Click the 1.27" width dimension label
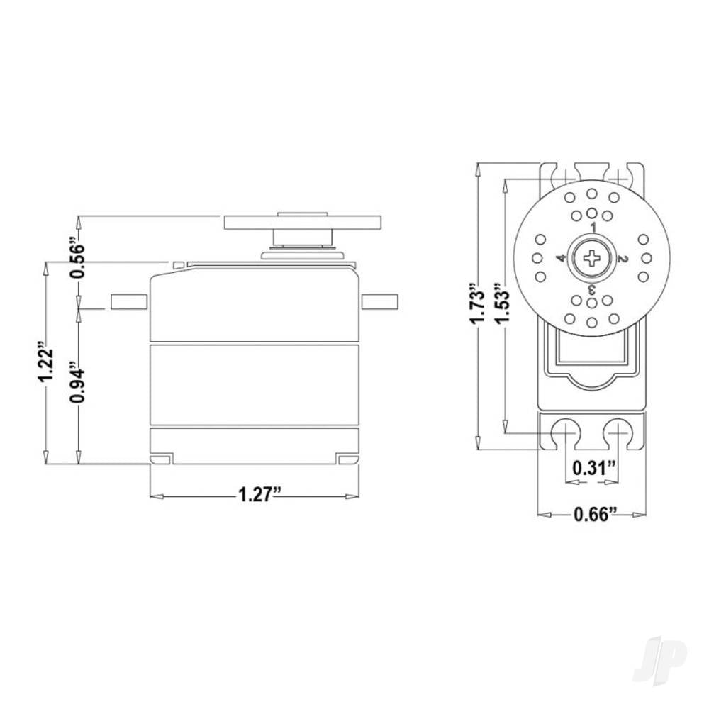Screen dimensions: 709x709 tap(255, 495)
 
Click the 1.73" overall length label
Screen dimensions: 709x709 tap(479, 306)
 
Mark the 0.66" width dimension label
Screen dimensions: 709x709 tap(591, 514)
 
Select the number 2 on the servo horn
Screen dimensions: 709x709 tap(623, 259)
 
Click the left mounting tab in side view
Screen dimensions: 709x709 tap(128, 301)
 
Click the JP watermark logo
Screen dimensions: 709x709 tap(659, 655)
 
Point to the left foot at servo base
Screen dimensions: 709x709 tap(161, 460)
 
